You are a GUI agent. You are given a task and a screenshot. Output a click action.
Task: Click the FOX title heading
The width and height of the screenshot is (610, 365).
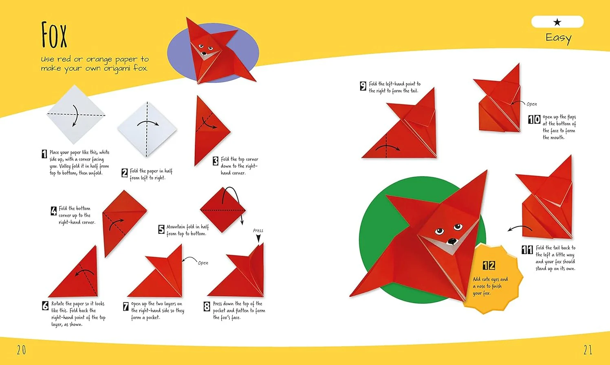54,35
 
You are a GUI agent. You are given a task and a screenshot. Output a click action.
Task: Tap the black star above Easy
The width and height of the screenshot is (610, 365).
557,22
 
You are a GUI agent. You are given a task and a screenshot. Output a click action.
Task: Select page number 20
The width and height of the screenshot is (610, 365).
22,350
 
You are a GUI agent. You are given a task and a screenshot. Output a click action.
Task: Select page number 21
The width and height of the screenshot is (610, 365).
588,350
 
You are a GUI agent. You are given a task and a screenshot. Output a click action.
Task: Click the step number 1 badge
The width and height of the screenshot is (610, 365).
44,154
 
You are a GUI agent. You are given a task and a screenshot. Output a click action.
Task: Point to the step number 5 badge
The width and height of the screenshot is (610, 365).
161,229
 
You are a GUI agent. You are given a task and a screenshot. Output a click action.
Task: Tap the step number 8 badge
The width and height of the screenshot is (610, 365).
207,306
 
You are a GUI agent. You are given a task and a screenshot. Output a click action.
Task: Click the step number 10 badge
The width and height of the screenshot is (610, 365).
534,119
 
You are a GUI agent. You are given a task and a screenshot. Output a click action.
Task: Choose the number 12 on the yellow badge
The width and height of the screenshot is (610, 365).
489,265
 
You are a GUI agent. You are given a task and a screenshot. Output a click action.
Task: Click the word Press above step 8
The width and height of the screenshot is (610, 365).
258,230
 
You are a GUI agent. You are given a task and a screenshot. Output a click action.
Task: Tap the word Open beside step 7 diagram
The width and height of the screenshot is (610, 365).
203,263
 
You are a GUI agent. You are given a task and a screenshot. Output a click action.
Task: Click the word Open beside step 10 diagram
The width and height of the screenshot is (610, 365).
532,104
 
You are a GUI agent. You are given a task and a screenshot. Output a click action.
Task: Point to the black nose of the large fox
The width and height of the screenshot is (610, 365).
452,241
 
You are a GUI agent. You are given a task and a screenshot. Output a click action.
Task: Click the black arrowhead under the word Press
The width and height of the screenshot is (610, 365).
258,238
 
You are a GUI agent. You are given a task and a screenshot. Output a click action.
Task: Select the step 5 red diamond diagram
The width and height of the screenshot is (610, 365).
223,210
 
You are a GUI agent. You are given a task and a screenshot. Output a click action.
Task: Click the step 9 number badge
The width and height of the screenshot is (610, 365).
363,86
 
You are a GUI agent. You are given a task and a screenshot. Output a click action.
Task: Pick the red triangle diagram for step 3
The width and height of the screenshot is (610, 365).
210,131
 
